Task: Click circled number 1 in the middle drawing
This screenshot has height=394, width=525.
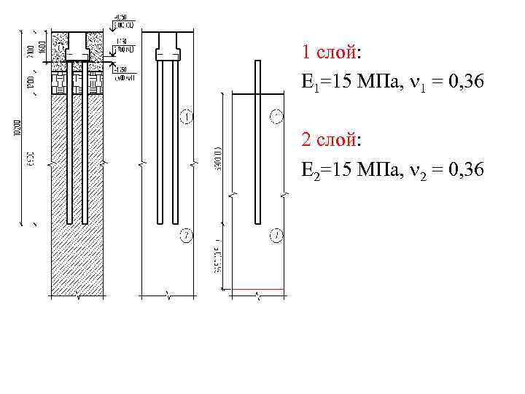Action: tap(187, 116)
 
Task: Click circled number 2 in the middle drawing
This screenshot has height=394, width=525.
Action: tap(187, 235)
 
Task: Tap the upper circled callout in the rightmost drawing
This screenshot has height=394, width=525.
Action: tap(276, 116)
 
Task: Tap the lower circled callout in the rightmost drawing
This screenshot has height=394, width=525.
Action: tap(276, 235)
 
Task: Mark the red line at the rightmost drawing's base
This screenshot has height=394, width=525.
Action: tap(254, 290)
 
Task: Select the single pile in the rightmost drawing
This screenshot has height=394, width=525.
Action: tap(257, 146)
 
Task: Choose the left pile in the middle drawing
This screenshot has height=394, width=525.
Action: tap(160, 146)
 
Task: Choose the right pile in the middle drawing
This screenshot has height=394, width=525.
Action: tap(176, 146)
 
